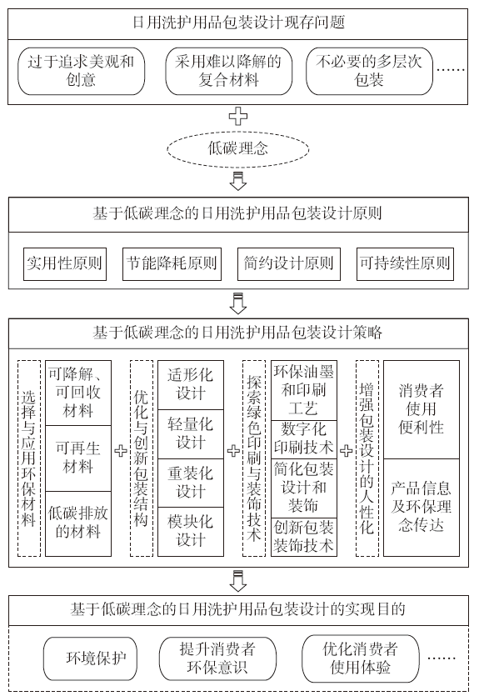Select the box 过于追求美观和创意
point(81,71)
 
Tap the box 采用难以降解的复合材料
point(228,71)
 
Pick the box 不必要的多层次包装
point(369,71)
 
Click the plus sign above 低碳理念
point(238,117)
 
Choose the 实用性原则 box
point(65,264)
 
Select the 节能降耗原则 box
point(172,264)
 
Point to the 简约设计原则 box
point(289,264)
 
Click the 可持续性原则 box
point(405,264)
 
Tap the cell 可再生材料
point(78,458)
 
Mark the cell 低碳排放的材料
point(78,523)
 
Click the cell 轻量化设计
point(191,433)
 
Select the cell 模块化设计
point(191,532)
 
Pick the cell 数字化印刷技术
point(304,439)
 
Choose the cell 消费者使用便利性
point(422,409)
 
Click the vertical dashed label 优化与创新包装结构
point(142,458)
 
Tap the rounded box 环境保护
point(90,658)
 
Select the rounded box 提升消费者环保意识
point(217,658)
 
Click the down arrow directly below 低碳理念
point(238,181)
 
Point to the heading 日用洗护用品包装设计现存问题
point(238,23)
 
